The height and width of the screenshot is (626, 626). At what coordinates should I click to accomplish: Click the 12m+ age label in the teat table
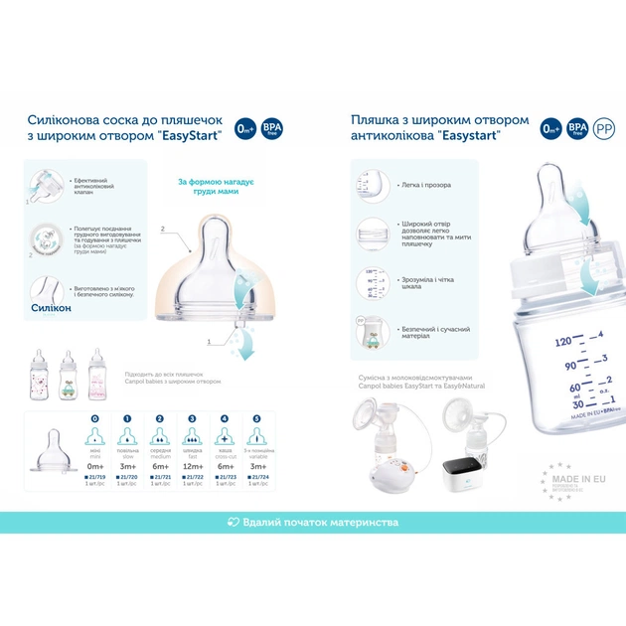pos(191,466)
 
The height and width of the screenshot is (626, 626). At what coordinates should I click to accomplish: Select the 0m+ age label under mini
pos(95,466)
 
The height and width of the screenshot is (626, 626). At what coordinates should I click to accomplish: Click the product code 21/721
pos(159,477)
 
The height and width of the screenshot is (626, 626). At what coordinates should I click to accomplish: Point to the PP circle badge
pos(603,127)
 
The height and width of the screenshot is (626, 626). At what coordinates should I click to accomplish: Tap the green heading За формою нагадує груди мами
pos(217,187)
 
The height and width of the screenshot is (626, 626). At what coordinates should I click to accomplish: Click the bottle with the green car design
pos(68,375)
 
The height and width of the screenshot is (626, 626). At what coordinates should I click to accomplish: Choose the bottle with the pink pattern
pos(96,375)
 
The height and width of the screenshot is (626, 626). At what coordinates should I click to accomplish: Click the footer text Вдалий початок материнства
pos(321,522)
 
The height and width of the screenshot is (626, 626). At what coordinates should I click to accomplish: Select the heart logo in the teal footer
pos(234,522)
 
